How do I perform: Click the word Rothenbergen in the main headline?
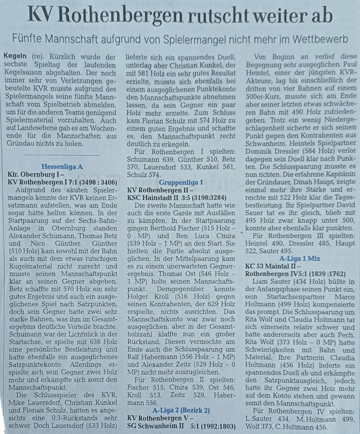[x=126, y=15]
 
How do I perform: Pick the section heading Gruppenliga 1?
[x=180, y=181]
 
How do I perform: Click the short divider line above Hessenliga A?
[x=62, y=155]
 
